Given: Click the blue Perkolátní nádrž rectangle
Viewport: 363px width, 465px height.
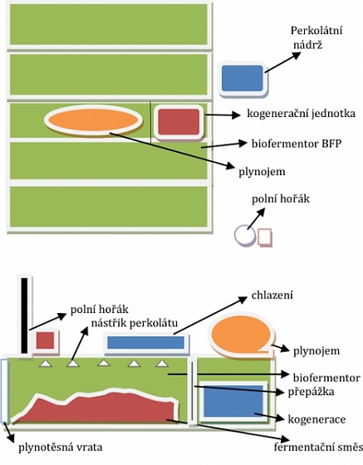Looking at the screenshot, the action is click(243, 78).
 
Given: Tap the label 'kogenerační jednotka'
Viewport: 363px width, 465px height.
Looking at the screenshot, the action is click(301, 114).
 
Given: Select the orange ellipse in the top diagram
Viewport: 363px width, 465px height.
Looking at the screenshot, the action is click(93, 120).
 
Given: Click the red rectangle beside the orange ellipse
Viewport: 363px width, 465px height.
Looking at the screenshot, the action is click(179, 121).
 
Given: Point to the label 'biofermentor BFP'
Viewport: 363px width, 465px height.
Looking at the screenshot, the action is click(297, 144).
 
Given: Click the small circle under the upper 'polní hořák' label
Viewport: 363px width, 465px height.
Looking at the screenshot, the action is click(244, 234).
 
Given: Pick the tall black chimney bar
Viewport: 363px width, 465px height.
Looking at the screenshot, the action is click(24, 316).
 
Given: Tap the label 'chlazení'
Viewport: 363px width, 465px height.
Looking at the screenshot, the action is click(272, 296).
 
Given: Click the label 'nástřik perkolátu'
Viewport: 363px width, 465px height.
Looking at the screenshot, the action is click(135, 323).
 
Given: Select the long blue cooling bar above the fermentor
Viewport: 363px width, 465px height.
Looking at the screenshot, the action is click(145, 343).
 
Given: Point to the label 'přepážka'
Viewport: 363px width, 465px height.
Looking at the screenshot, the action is click(311, 392).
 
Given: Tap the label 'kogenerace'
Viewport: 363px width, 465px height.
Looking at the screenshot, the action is click(316, 419).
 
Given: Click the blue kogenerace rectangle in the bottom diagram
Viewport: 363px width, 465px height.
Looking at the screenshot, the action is click(233, 401).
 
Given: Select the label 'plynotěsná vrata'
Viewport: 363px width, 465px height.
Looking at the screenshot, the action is click(61, 448).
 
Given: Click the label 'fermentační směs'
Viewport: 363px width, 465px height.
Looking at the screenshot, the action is click(318, 447).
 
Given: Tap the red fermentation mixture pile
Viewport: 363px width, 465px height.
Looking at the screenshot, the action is click(95, 409).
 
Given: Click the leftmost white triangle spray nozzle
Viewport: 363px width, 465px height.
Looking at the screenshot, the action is click(46, 364).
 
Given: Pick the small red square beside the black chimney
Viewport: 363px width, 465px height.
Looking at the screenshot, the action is click(45, 340).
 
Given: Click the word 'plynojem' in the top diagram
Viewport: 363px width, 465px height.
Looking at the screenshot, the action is click(262, 173).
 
